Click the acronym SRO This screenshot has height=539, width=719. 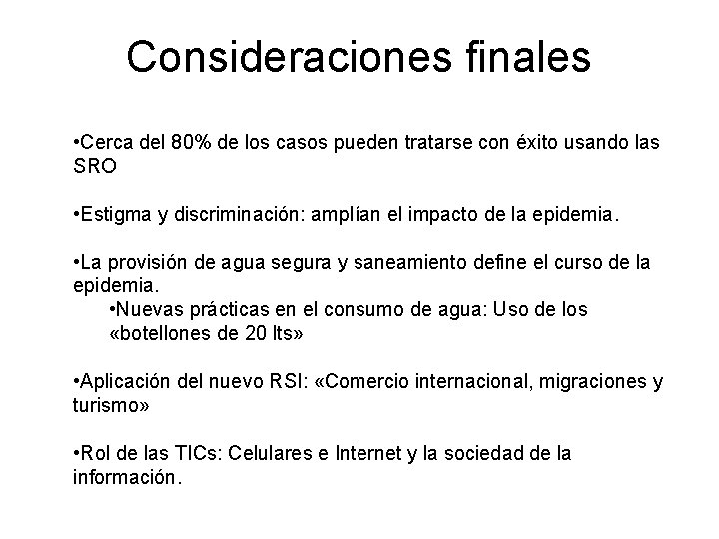[x=96, y=166]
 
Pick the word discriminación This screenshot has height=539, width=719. [x=243, y=214]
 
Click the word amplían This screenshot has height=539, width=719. [x=343, y=214]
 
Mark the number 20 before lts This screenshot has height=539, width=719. [x=255, y=333]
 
